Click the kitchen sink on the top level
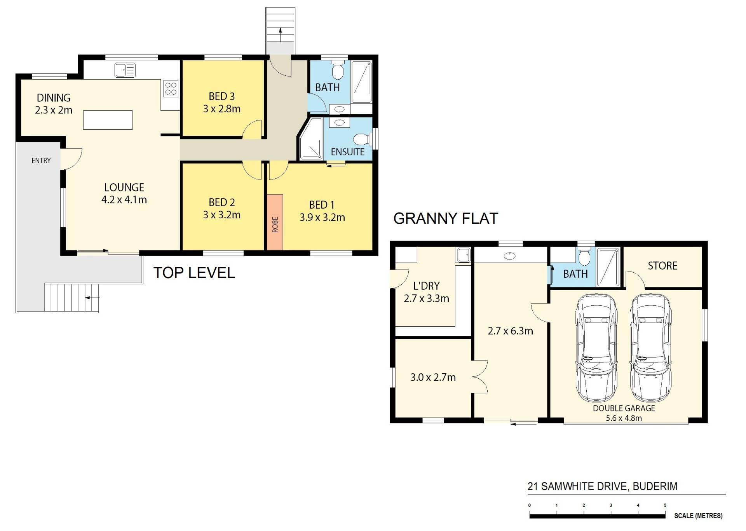point(125,70)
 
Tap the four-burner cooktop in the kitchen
point(171,88)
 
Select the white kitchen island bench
point(108,120)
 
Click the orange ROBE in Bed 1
point(275,222)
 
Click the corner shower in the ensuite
point(311,139)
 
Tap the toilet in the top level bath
point(337,70)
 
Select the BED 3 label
point(221,96)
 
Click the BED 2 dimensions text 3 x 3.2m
point(222,215)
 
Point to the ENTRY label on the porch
point(41,160)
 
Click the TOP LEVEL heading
point(194,273)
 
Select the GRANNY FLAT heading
point(446,218)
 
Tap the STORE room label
point(662,266)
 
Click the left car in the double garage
point(596,348)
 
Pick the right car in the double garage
point(651,348)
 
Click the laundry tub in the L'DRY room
point(464,255)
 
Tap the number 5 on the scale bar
point(665,505)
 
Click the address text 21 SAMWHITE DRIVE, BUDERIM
point(602,486)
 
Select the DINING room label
point(54,97)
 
